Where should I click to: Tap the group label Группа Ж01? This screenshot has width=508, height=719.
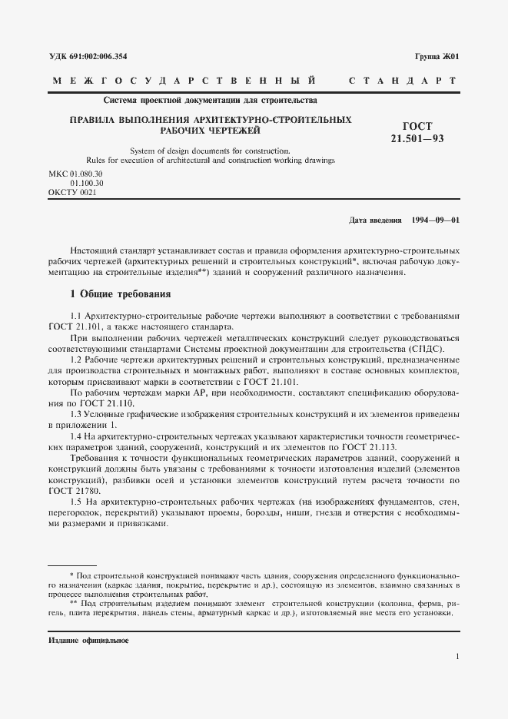[x=437, y=57]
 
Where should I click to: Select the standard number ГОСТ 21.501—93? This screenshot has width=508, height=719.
[x=417, y=132]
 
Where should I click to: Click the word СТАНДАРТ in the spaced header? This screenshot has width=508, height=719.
[x=403, y=80]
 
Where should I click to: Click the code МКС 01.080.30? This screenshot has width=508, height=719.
[x=75, y=174]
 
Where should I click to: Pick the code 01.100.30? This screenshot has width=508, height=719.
[x=86, y=184]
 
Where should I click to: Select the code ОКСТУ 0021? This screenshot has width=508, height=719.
[x=72, y=193]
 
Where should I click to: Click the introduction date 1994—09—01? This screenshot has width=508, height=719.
[x=436, y=221]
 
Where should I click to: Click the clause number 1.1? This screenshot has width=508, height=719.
[x=75, y=316]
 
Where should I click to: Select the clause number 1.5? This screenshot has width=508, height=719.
[x=75, y=502]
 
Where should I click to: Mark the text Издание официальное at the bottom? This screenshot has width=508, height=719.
[x=88, y=641]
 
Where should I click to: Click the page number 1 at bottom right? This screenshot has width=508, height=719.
[x=457, y=656]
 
